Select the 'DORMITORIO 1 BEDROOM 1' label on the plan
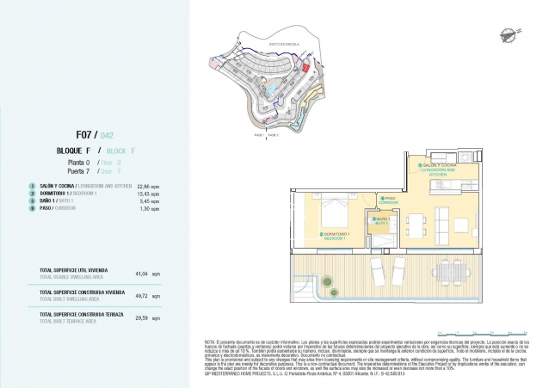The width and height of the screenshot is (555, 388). (x=333, y=236)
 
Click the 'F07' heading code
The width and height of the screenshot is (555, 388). (x=85, y=134)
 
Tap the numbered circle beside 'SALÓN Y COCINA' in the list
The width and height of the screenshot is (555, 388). (x=31, y=185)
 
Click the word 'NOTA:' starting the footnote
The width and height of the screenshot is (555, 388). (x=209, y=342)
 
